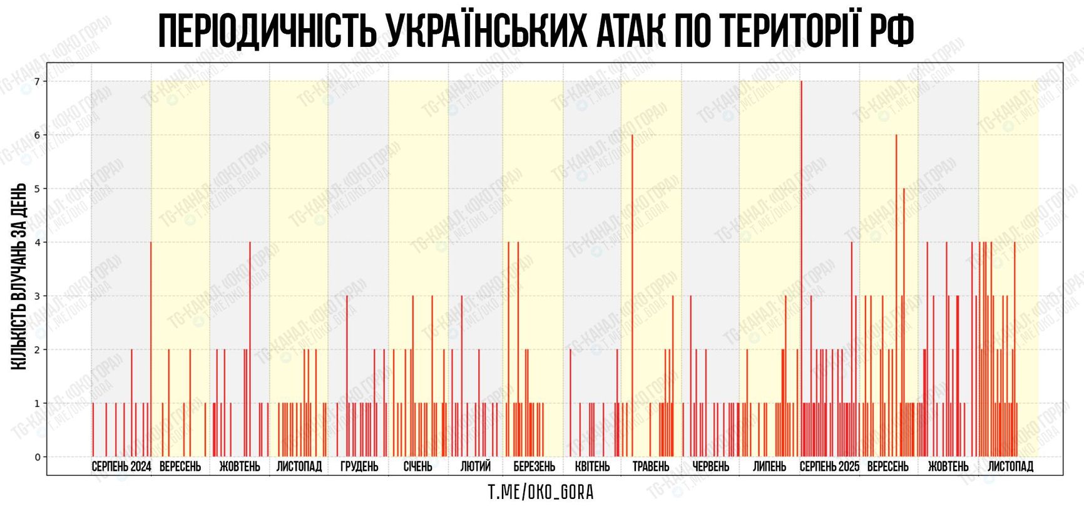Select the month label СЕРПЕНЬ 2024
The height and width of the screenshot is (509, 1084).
[x=121, y=466]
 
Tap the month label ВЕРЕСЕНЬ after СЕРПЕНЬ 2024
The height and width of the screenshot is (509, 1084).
[x=180, y=466]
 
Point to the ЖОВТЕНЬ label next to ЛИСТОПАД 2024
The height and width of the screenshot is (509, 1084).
[x=240, y=466]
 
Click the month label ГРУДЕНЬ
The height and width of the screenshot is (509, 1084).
[x=359, y=466]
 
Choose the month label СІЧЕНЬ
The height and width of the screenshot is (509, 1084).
[x=417, y=466]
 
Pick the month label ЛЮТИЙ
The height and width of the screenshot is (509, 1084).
[x=476, y=466]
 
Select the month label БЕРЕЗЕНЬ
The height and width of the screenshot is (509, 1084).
[x=534, y=466]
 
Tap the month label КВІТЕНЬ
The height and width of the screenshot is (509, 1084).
[x=592, y=466]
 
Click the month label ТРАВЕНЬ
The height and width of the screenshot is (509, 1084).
[x=651, y=466]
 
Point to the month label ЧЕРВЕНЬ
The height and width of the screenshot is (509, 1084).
[x=710, y=466]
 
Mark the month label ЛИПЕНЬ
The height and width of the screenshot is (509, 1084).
[x=769, y=466]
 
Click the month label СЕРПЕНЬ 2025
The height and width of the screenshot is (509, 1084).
[x=829, y=466]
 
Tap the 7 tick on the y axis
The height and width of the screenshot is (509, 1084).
[x=37, y=81]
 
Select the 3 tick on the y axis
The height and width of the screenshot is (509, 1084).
[x=37, y=296]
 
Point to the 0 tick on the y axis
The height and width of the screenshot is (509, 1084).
[x=37, y=457]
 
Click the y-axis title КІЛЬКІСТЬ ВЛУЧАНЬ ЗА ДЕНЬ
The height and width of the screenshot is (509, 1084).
[x=19, y=276]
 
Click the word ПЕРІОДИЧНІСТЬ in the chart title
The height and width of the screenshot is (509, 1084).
[x=267, y=31]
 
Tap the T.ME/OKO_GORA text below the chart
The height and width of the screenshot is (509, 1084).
[x=541, y=493]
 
